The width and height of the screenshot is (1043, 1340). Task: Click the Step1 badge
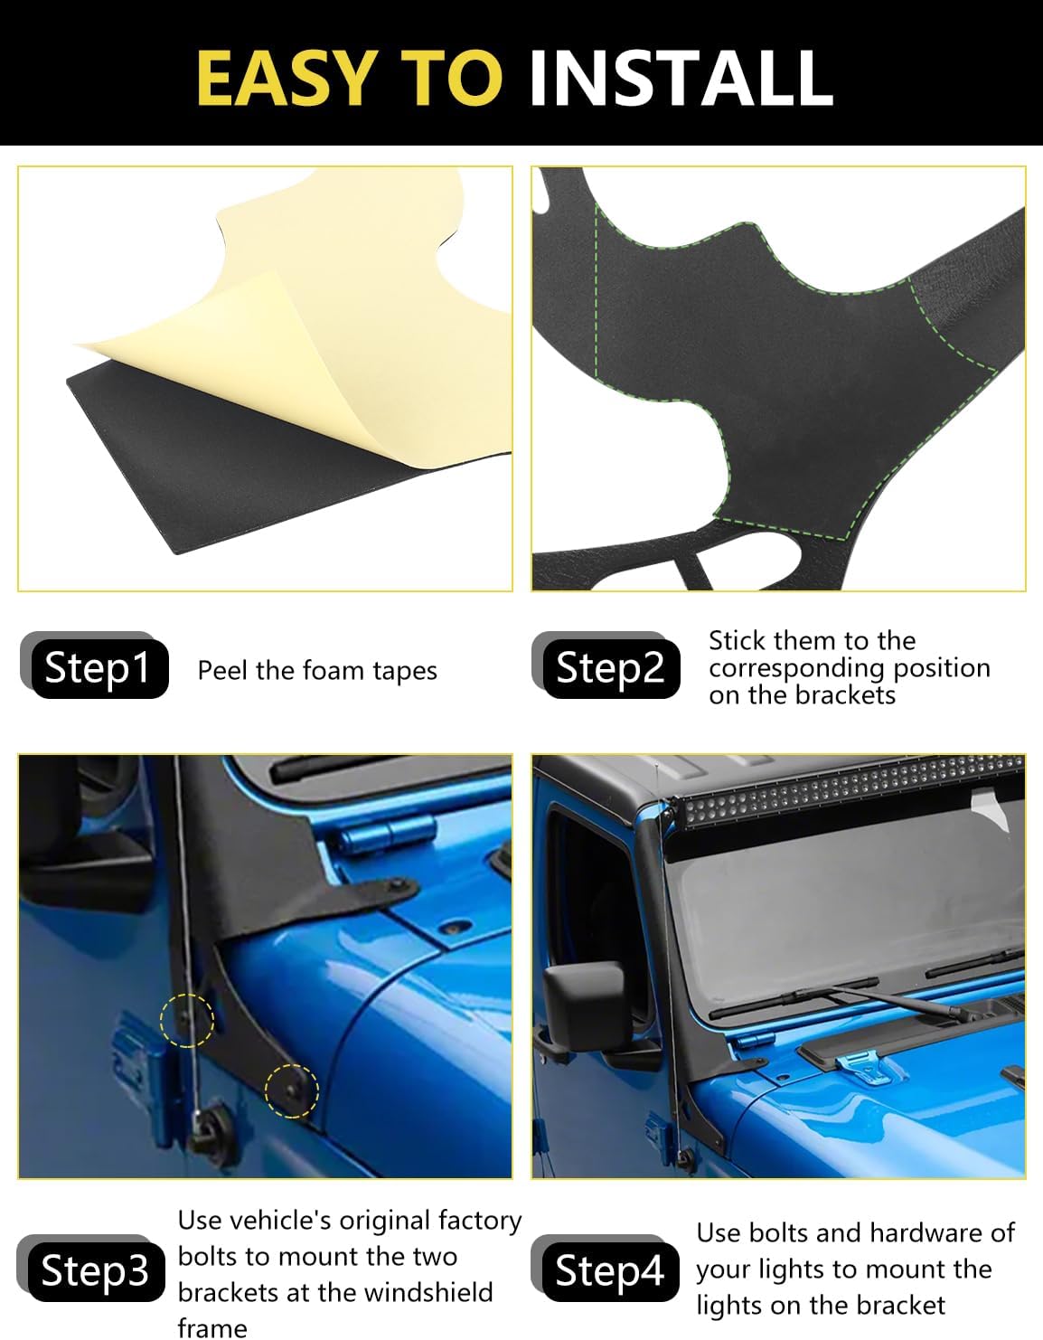[98, 668]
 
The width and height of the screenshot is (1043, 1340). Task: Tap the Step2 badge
[609, 668]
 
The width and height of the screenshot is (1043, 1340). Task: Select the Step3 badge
[94, 1270]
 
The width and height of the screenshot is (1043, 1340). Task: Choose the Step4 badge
[608, 1270]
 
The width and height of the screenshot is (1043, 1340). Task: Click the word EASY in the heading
[285, 78]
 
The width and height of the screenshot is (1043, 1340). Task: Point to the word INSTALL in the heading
[680, 78]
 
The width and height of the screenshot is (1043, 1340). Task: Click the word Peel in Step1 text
[222, 671]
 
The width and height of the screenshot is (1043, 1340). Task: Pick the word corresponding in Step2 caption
[795, 669]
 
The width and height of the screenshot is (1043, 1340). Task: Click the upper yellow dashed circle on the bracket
[186, 1020]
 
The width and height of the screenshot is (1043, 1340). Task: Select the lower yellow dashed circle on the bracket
[291, 1090]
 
